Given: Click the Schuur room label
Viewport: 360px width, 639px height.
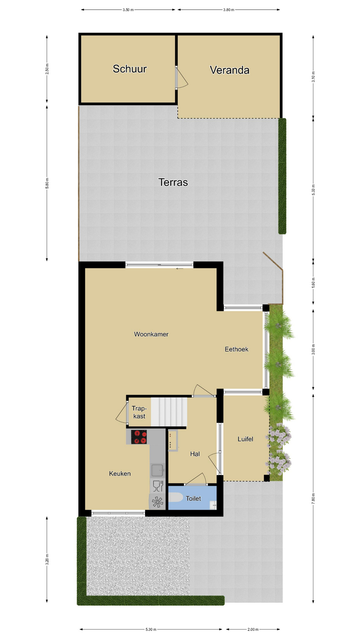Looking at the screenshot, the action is [130, 69].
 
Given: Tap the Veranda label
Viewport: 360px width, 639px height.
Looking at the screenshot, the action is [229, 70].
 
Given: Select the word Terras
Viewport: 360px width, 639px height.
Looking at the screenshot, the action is [173, 182].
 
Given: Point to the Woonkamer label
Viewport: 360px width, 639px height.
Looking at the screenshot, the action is [151, 334].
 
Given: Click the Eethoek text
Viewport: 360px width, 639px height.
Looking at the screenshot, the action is [236, 349].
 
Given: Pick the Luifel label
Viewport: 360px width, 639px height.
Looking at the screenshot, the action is [245, 439].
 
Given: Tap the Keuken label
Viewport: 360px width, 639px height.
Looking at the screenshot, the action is [120, 474].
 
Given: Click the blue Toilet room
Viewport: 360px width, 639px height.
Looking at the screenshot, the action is [192, 498].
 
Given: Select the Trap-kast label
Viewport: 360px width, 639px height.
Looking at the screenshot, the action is [139, 412].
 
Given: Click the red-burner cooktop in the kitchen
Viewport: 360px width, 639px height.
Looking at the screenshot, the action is [139, 437].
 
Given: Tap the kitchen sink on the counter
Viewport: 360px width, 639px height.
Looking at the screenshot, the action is [157, 470].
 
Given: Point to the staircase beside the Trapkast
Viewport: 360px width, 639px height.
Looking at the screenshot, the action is [169, 412].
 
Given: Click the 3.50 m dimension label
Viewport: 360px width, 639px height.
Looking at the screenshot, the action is [128, 10].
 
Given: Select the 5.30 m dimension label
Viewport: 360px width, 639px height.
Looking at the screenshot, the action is [151, 629].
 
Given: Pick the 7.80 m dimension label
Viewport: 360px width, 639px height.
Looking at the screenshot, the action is [313, 499].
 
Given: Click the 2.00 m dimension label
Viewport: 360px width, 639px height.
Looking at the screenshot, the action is [253, 629].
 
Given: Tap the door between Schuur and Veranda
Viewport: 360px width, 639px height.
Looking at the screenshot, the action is [181, 78].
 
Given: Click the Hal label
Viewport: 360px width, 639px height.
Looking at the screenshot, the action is [195, 454].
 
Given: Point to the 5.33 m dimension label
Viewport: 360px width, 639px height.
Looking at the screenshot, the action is [313, 190].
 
